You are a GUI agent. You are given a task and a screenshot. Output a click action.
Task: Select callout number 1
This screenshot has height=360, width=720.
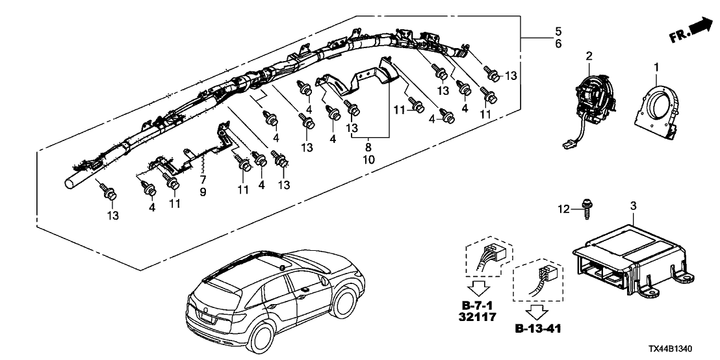656,67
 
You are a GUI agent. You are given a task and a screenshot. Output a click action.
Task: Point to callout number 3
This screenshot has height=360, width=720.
634,207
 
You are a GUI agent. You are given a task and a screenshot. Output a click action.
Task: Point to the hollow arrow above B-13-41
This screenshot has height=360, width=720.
534,311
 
